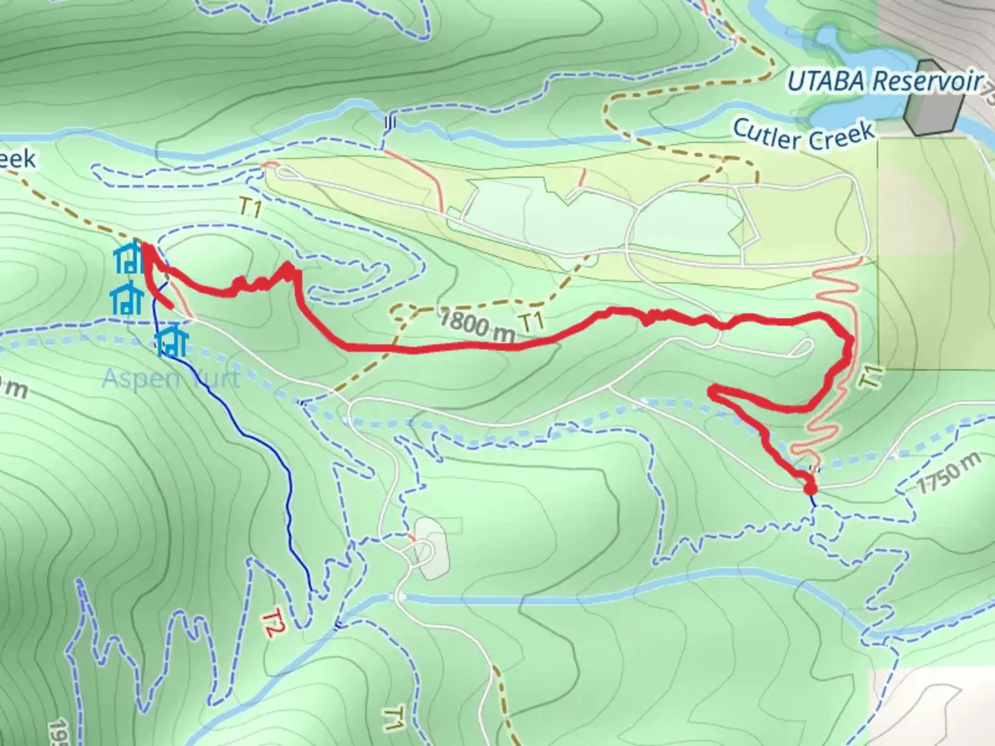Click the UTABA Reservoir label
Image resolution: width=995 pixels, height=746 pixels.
pos(884,82)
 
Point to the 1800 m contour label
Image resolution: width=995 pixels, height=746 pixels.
pos(477,324)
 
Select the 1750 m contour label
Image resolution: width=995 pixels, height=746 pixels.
pos(949,475)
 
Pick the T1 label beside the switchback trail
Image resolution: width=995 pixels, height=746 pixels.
pos(873,376)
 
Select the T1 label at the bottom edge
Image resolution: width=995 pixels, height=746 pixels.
pos(393,718)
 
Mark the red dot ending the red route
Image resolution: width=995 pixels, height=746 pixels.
pos(811,488)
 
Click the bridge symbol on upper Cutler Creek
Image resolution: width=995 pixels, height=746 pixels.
pos(390,122)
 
